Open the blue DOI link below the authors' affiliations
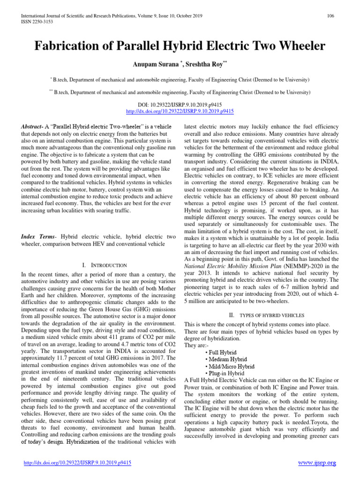click(180, 112)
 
